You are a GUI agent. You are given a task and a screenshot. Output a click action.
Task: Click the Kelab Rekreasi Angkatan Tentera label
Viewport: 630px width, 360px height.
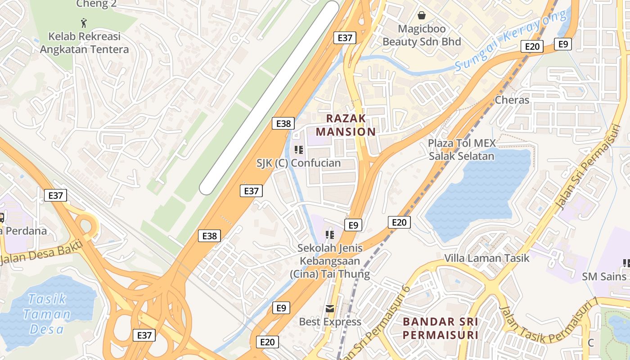[x=84, y=43]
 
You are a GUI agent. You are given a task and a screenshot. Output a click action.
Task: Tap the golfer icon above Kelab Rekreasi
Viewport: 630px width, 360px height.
[x=83, y=22]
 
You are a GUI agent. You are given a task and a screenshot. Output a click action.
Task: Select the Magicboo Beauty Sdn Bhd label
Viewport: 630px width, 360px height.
[x=422, y=35]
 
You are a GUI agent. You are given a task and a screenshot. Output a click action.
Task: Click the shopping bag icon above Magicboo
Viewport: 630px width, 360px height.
[x=422, y=15]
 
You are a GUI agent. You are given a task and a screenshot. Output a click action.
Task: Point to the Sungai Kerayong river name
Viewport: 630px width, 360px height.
[x=510, y=40]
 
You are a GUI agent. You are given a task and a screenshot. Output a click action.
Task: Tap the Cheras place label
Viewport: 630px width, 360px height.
[x=512, y=100]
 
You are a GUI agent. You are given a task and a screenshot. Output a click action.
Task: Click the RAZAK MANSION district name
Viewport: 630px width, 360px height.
[x=346, y=125]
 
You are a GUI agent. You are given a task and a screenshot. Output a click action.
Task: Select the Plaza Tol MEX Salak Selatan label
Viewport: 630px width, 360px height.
[x=461, y=150]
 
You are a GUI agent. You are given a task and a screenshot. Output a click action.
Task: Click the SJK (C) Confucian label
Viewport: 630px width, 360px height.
[x=298, y=163]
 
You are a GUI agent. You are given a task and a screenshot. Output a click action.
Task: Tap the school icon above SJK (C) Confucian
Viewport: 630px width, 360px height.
[x=298, y=149]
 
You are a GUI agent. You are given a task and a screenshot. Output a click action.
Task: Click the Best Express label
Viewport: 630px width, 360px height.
[x=330, y=322]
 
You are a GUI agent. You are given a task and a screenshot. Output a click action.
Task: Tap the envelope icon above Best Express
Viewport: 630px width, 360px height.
[x=330, y=308]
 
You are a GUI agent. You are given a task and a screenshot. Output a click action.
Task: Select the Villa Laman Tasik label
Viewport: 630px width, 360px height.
[x=487, y=258]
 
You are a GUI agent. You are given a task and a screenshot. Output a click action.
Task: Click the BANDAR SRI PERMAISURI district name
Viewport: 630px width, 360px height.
[x=440, y=328]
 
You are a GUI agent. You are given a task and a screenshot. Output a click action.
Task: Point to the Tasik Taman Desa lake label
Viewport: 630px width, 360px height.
[x=47, y=314]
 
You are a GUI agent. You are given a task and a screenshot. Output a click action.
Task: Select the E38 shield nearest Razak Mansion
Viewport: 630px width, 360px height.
[x=283, y=123]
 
